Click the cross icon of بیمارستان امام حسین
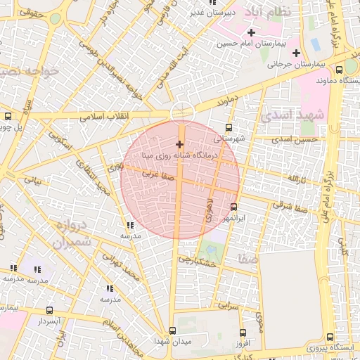(251, 33)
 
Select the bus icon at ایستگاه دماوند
(340, 70)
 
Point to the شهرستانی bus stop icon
(228, 128)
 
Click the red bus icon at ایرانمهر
(234, 207)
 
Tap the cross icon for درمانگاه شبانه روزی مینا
(180, 143)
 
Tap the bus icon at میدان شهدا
(173, 330)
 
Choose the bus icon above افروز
(243, 333)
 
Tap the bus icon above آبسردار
(49, 310)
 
